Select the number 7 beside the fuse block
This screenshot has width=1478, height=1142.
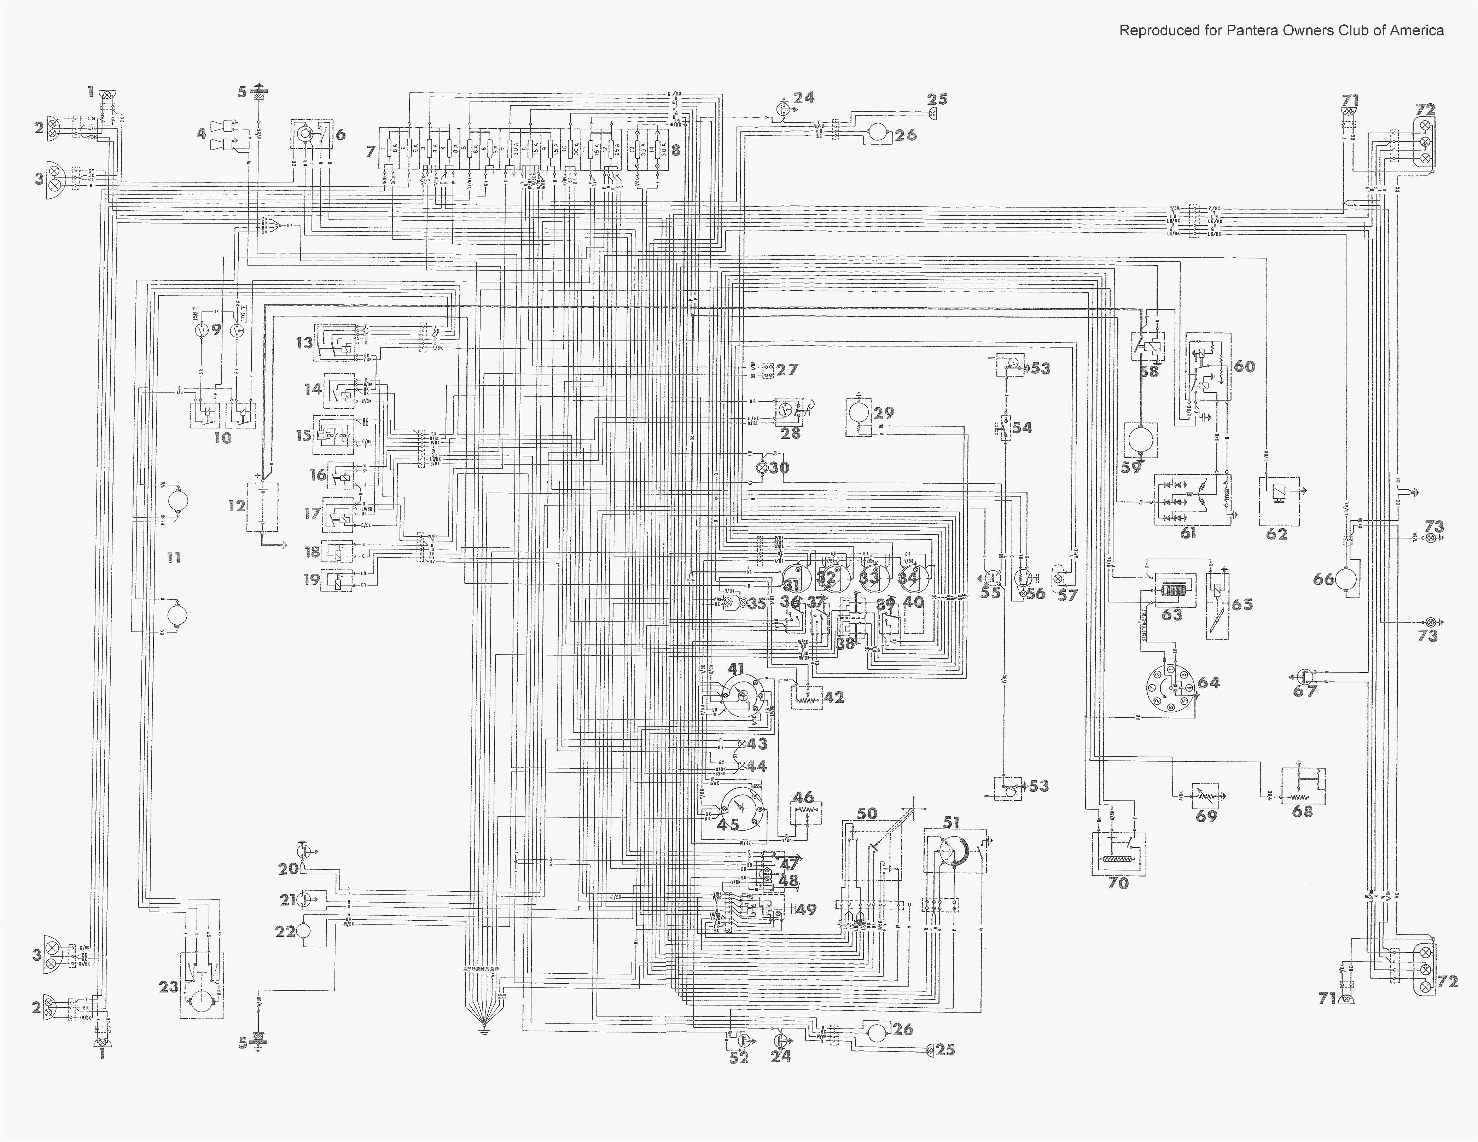(x=370, y=151)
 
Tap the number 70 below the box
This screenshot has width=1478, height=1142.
(x=1118, y=883)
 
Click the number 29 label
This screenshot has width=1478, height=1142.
(x=884, y=413)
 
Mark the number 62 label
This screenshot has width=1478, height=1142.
(x=1276, y=534)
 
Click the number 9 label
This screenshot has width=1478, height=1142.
(x=216, y=330)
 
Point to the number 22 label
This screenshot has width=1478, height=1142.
(x=285, y=932)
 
